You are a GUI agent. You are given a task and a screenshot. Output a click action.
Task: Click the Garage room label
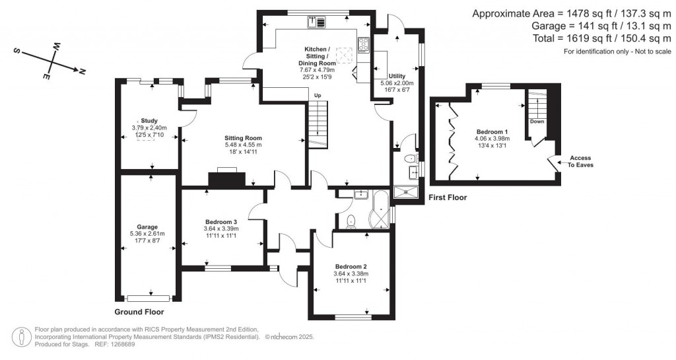pos(147,227)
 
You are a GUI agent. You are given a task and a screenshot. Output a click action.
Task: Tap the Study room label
pos(149,120)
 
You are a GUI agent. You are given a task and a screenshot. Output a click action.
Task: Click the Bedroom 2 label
pos(351,266)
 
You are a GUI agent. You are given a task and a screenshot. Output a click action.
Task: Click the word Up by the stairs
pos(317,95)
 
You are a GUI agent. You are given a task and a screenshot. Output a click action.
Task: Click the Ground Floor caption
pos(139,312)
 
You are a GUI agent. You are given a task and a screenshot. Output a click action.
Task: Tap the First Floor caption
pos(448,197)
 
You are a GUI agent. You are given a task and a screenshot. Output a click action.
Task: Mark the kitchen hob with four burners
pos(363,45)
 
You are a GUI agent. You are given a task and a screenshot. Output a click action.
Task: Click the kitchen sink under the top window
pos(316,22)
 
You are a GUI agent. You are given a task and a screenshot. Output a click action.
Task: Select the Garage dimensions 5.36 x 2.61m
pos(147,234)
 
